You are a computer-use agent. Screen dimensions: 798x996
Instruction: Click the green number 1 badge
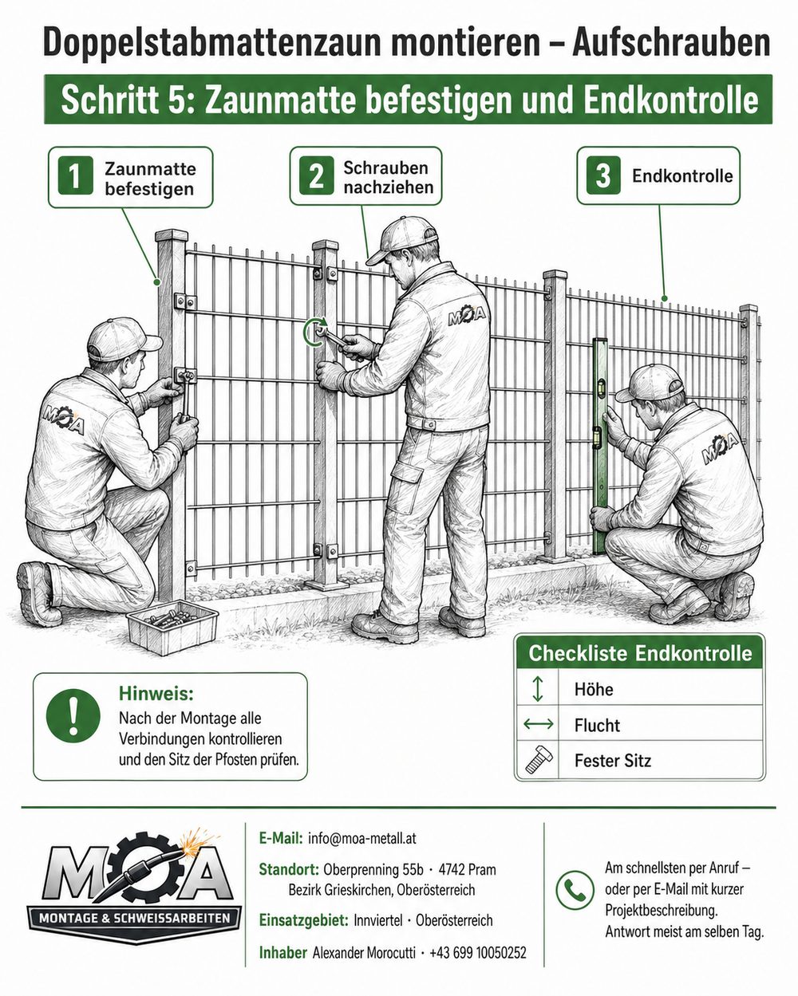75,176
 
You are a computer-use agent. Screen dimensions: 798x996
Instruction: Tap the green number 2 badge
317,176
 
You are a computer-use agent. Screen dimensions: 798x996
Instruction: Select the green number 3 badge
602,176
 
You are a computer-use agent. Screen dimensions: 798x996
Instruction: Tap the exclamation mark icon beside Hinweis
73,715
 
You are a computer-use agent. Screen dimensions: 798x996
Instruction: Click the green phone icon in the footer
575,890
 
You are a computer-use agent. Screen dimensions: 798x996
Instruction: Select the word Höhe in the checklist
593,689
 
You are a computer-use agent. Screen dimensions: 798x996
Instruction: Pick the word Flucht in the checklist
597,725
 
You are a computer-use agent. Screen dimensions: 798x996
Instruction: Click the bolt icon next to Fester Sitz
538,760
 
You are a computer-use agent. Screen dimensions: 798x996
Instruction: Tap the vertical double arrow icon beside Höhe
537,689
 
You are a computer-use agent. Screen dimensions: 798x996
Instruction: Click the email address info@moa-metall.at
362,838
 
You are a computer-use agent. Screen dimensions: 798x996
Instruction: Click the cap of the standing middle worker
401,238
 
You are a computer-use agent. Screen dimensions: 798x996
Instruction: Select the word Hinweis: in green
156,693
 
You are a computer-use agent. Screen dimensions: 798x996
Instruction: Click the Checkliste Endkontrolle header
640,654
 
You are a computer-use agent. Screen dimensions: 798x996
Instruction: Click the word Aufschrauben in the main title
670,43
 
